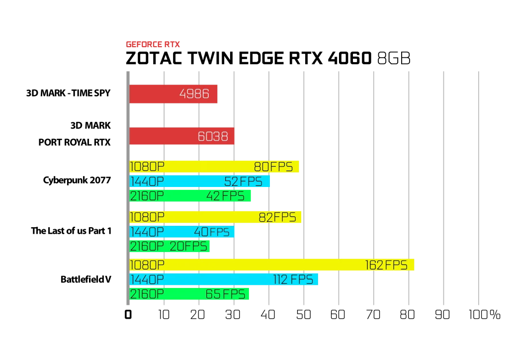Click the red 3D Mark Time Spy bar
point(173,94)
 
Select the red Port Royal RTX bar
point(182,136)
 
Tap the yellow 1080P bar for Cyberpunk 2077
point(214,167)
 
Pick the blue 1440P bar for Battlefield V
point(224,279)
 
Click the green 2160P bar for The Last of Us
point(170,246)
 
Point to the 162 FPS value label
point(386,265)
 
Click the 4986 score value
point(194,94)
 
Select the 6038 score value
point(213,136)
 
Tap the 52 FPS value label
point(243,181)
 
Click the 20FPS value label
point(188,247)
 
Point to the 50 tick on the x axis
point(304,315)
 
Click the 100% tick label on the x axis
point(484,315)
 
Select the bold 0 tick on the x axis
point(128,315)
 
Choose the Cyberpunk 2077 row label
point(77,180)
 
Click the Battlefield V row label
point(85,279)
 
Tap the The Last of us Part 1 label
point(71,231)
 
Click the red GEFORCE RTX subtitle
point(153,44)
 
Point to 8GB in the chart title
point(394,59)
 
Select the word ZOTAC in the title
point(154,59)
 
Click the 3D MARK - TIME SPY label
point(68,93)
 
